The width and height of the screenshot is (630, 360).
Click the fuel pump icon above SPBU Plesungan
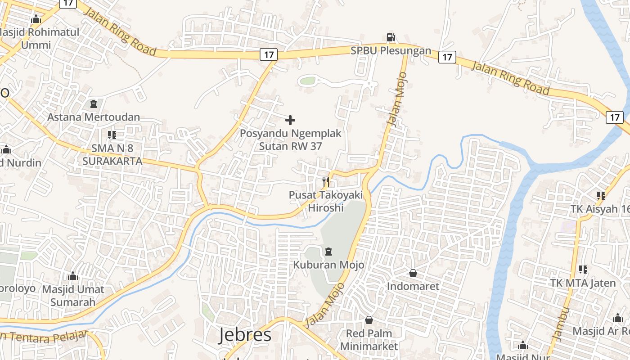click(391, 37)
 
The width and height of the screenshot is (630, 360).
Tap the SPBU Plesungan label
click(391, 51)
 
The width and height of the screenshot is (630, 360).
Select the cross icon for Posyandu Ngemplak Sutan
click(290, 120)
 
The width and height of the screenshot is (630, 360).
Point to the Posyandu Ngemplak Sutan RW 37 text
click(290, 140)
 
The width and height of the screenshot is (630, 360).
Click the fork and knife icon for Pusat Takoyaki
click(326, 182)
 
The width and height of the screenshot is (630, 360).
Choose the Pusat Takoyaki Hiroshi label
click(326, 201)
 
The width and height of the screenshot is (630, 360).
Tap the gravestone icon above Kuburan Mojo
click(328, 251)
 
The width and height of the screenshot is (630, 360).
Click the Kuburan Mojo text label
click(328, 265)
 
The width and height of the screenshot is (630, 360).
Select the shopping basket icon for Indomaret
click(413, 273)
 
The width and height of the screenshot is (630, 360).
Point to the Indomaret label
click(413, 286)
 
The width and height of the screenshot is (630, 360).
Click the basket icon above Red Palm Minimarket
click(369, 320)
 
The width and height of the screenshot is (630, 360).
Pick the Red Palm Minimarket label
click(369, 340)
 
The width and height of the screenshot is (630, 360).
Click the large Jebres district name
click(245, 335)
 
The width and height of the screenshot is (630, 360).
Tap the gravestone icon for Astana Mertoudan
click(94, 104)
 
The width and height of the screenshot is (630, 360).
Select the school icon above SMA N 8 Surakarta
click(112, 135)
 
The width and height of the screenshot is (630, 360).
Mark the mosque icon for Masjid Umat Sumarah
click(72, 276)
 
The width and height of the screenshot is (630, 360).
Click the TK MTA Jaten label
click(583, 283)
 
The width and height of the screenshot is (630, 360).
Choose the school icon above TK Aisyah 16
click(601, 195)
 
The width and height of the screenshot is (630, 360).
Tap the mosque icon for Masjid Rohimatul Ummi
click(36, 19)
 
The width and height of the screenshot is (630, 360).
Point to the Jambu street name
click(559, 324)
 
